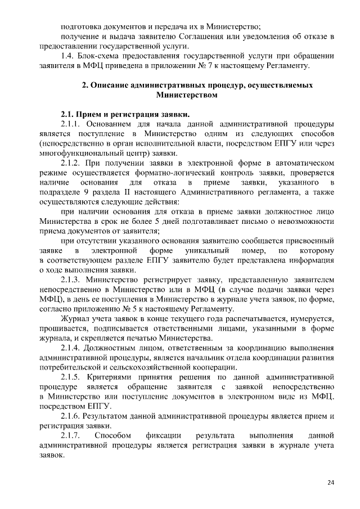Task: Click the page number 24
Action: tap(330, 483)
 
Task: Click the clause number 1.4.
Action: tap(67, 56)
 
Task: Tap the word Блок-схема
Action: tap(101, 56)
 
